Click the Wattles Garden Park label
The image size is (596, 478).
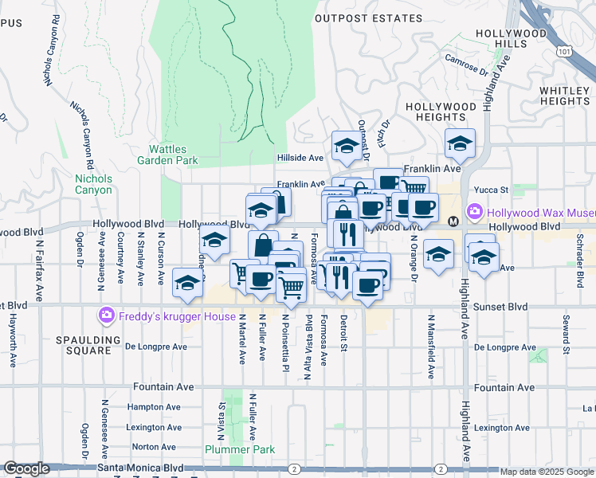click(173, 155)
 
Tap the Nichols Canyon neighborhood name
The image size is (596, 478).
click(94, 184)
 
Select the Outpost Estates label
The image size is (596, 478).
click(368, 18)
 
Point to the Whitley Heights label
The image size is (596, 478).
click(564, 96)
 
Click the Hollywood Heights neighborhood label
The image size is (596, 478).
click(441, 112)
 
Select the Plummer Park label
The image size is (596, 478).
click(240, 449)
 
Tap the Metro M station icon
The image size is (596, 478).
click(453, 221)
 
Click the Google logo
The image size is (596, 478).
click(27, 468)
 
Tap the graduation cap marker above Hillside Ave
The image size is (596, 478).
click(347, 144)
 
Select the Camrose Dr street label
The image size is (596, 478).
click(466, 62)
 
